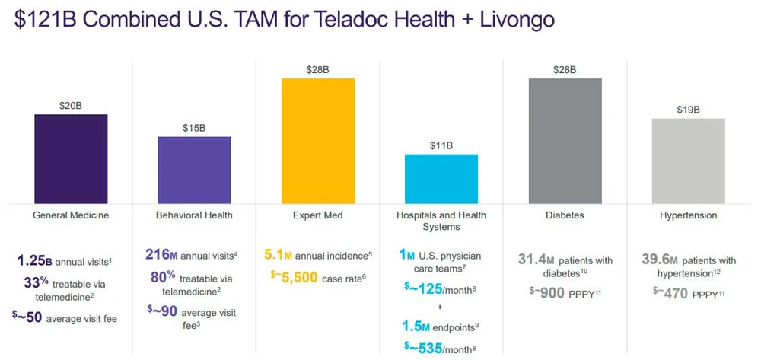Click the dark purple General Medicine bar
pos(71,158)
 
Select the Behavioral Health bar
pos(194,170)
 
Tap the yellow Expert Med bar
pos(318,140)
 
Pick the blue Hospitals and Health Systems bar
pos(441,179)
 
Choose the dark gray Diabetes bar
pos(565,140)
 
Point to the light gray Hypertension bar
pos(689,161)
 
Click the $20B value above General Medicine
pos(71,106)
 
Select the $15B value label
pos(194,128)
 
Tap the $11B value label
pos(441,145)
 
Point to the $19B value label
pos(689,110)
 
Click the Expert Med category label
pos(318,215)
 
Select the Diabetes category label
pos(565,215)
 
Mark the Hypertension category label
pos(689,215)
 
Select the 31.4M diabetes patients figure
pos(537,260)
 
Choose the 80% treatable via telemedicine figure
pos(162,276)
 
